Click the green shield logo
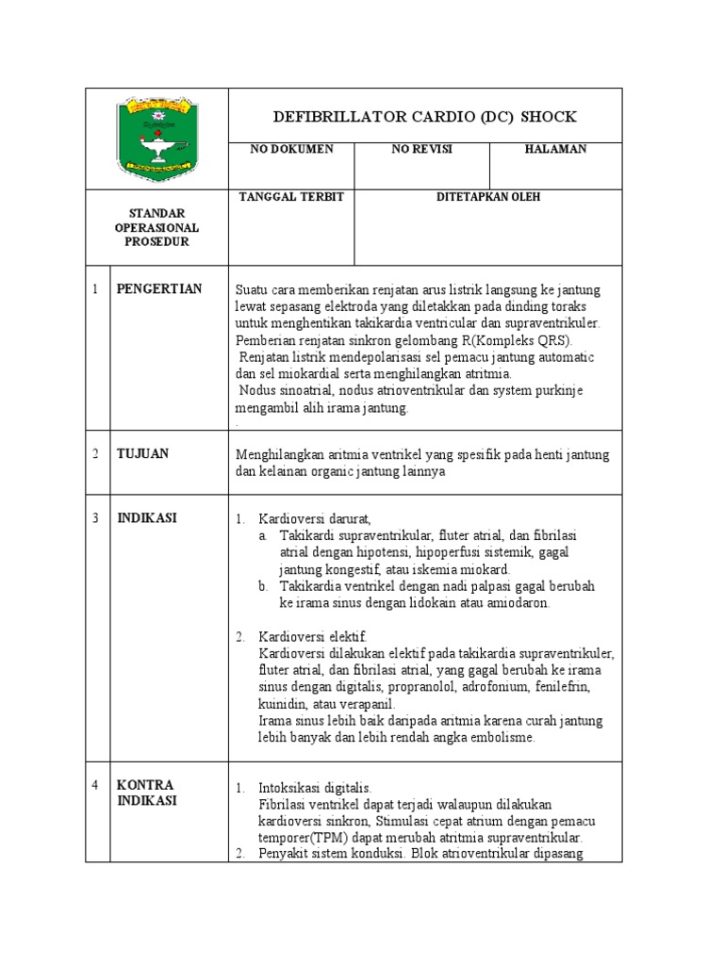tap(156, 139)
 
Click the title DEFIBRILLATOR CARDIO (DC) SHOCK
tap(424, 117)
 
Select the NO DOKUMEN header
tap(290, 150)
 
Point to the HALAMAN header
tap(556, 150)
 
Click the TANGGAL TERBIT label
tap(290, 197)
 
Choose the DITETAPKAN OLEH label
tap(487, 197)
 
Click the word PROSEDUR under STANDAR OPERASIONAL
tap(156, 242)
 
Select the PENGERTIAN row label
tap(158, 288)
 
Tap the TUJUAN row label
tap(142, 453)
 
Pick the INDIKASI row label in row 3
tap(146, 517)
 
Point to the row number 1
tap(95, 288)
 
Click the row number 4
tap(95, 785)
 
